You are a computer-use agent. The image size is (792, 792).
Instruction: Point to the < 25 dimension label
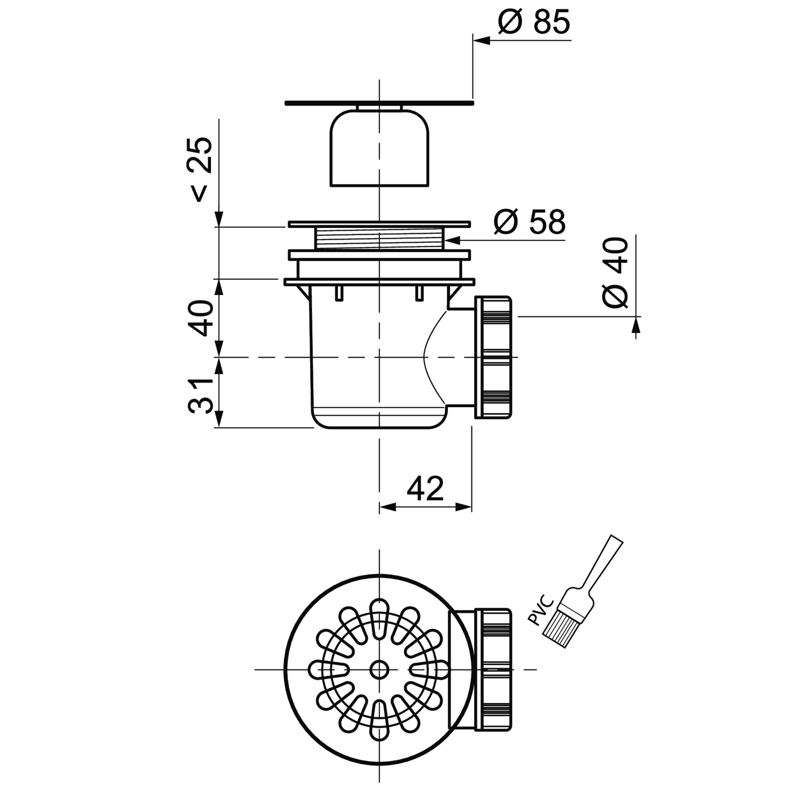click(x=200, y=169)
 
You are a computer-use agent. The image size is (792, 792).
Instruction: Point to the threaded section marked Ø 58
click(x=379, y=239)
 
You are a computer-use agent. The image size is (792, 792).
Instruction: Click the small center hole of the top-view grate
click(x=379, y=670)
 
